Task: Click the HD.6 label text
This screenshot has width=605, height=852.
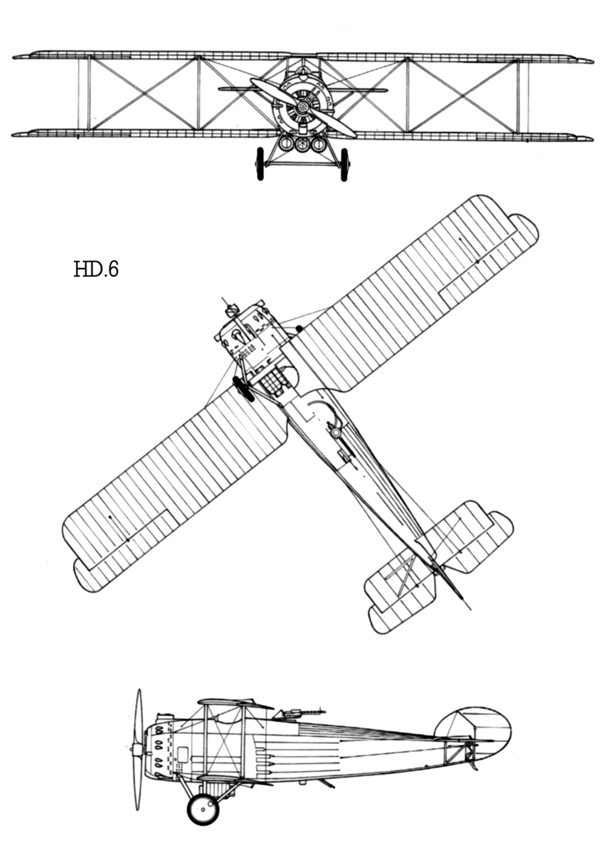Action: click(96, 268)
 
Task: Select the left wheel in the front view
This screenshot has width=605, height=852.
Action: click(260, 164)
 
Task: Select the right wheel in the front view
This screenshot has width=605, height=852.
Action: click(344, 164)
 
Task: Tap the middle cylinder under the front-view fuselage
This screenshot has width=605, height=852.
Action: click(302, 143)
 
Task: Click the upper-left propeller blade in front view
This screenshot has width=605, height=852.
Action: click(273, 92)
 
